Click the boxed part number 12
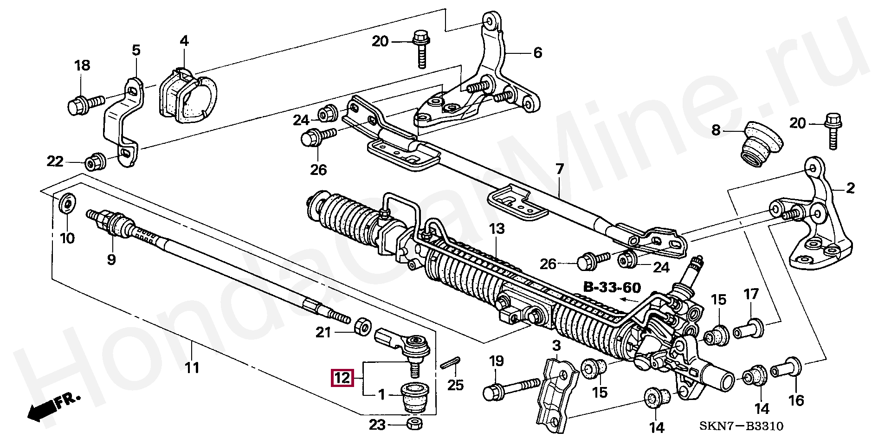pos(342,378)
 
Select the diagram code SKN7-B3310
pos(741,426)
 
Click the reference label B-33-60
pos(612,288)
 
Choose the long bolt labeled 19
pos(510,388)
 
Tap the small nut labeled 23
pos(414,424)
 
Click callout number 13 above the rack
pos(497,229)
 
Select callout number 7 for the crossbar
pos(560,169)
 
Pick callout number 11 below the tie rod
pos(192,368)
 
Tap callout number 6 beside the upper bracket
pos(537,53)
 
